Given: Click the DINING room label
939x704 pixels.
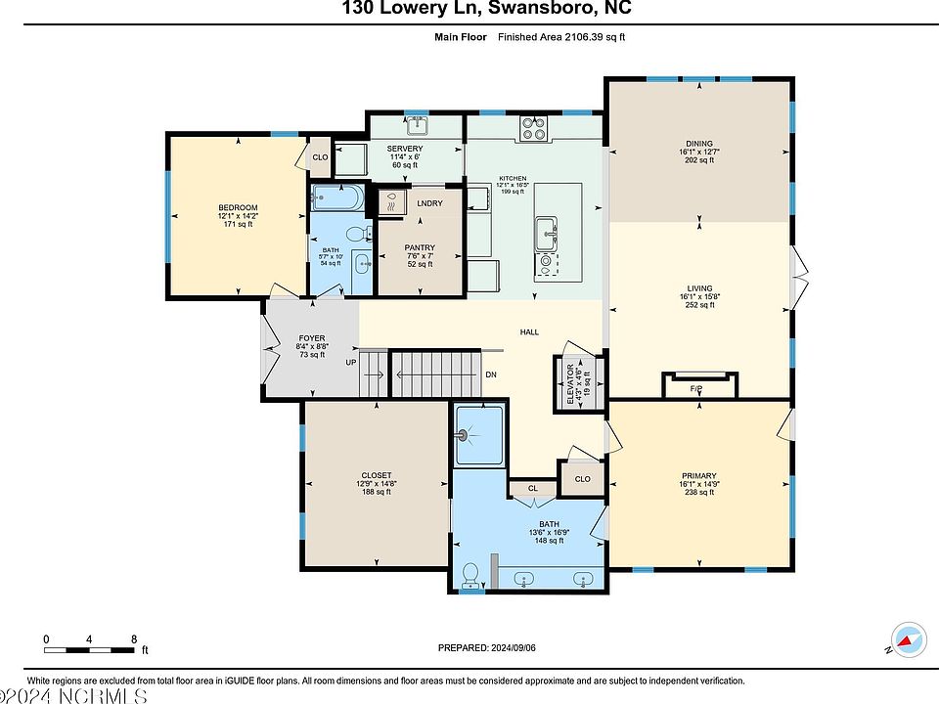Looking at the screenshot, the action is click(698, 144).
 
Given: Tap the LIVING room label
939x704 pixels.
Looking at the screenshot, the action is click(699, 288).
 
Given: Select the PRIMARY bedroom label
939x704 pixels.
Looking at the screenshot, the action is click(698, 476).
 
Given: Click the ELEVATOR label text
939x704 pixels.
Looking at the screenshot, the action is click(570, 383).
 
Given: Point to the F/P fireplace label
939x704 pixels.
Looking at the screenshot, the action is click(695, 389).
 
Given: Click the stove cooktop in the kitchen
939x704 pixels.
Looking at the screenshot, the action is click(534, 128).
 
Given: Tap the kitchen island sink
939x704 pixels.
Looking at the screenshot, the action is click(546, 233).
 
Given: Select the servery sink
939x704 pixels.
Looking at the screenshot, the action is click(417, 126).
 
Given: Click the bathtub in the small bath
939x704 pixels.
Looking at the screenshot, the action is click(337, 198).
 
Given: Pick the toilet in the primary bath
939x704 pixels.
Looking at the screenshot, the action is click(470, 575).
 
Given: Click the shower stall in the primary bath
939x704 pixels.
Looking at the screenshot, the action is click(479, 435).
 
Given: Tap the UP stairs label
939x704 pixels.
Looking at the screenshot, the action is click(351, 363).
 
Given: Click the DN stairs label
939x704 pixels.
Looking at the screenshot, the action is click(491, 374).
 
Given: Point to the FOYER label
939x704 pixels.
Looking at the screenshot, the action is click(312, 338).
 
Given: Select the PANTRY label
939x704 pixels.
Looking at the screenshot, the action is click(420, 247).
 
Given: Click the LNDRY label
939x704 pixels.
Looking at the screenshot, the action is click(430, 203).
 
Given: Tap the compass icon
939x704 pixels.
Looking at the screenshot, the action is click(909, 639).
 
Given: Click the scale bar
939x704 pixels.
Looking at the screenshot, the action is click(89, 650).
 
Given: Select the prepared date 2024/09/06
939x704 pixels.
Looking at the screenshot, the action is click(514, 647).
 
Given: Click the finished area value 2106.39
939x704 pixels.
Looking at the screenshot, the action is click(583, 37).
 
